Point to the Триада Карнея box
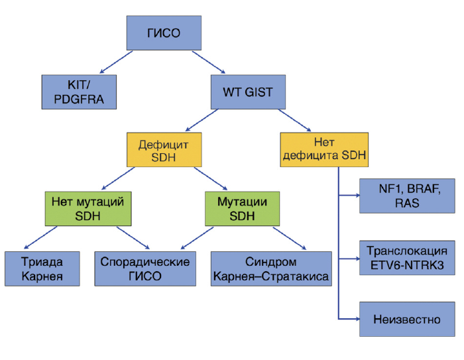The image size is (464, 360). [x=42, y=267]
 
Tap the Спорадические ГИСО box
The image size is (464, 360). [x=145, y=267]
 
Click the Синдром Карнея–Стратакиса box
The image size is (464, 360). [x=272, y=267]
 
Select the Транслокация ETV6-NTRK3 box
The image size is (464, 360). [x=406, y=259]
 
